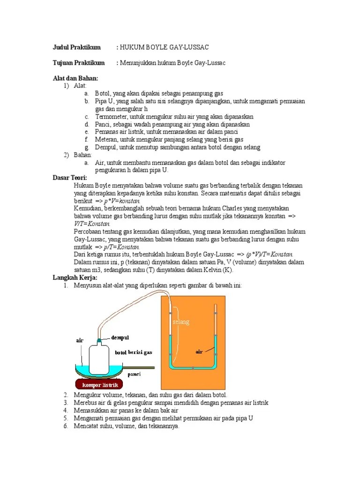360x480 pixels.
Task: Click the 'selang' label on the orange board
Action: (x=180, y=322)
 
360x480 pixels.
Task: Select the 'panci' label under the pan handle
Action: (x=135, y=375)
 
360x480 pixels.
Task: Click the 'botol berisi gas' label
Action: (x=134, y=352)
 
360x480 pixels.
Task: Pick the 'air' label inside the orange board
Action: (x=199, y=352)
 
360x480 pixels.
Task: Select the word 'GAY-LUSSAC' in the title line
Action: (x=188, y=47)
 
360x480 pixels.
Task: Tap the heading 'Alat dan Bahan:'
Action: (x=75, y=78)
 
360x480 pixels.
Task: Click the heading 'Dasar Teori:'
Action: (x=70, y=178)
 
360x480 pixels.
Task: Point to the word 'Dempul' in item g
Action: (x=105, y=147)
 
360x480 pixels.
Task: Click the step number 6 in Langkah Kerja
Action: (x=66, y=426)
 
